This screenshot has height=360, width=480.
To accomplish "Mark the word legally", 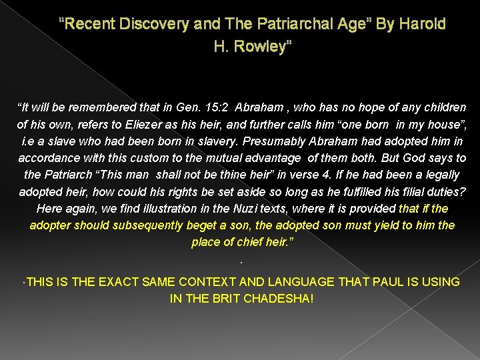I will pos(441,175).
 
